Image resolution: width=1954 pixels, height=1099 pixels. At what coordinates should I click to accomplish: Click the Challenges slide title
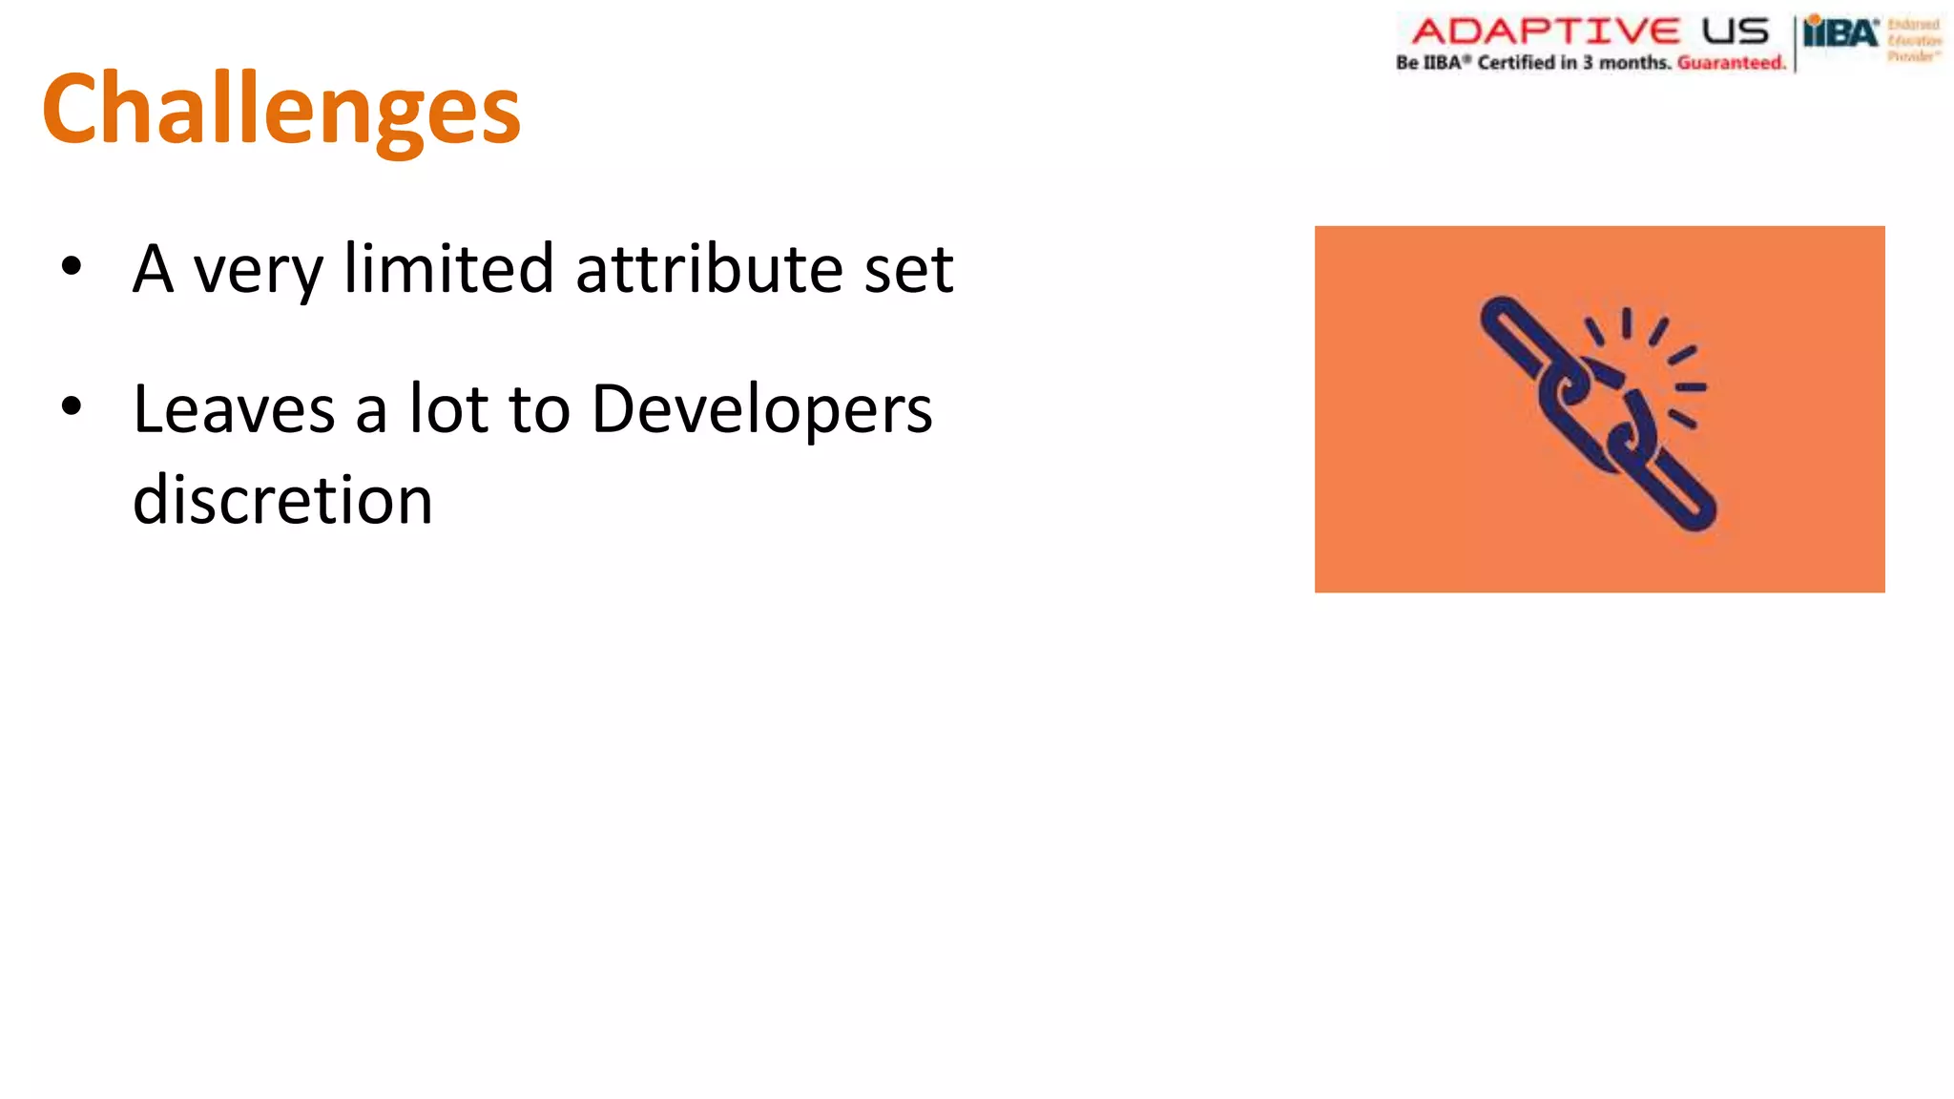pos(281,110)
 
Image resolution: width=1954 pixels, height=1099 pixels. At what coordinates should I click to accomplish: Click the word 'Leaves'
pos(234,409)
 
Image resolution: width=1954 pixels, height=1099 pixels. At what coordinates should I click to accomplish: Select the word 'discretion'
pos(282,499)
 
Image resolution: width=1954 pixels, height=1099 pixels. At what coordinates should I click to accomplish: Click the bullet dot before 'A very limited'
pos(72,267)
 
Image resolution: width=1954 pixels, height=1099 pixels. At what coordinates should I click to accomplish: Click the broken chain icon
pos(1598,411)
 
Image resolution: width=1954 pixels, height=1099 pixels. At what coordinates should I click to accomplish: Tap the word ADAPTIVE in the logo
pos(1545,31)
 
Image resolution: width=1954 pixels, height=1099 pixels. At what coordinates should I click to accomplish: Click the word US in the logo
pos(1736,31)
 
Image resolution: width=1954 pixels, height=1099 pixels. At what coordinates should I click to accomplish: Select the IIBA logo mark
pos(1840,33)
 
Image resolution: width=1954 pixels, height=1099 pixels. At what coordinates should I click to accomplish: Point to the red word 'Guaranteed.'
pos(1731,63)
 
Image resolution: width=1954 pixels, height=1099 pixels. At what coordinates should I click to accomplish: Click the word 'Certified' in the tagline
pos(1516,63)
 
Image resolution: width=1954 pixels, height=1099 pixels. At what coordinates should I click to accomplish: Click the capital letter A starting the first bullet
pos(153,269)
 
